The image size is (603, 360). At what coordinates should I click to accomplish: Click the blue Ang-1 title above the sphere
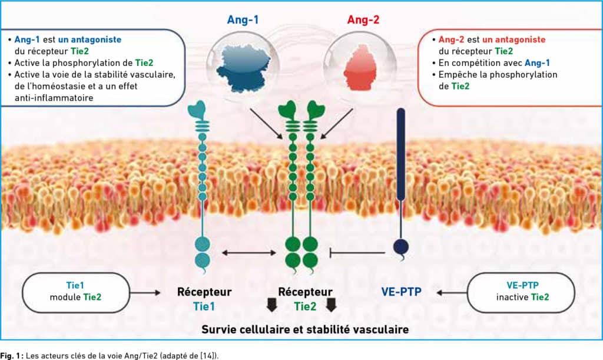point(243,19)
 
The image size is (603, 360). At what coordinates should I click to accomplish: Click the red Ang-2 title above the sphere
point(363,19)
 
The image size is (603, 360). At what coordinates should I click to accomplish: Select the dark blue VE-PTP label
point(401,292)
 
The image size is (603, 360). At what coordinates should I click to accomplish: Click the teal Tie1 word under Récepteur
point(204,306)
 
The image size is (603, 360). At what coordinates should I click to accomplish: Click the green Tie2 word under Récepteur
point(305,306)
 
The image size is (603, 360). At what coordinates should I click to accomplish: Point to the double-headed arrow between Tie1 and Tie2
point(249,253)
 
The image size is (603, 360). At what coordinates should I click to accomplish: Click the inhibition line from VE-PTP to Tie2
point(357,253)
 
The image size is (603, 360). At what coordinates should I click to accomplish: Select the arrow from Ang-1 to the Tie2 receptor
point(266,124)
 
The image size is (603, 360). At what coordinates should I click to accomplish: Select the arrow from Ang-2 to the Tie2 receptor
point(336,124)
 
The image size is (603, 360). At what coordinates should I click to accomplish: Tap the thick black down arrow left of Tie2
point(272,305)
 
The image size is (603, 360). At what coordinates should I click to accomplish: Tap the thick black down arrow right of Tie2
point(331,305)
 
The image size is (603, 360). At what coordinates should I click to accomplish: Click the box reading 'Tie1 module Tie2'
point(76,293)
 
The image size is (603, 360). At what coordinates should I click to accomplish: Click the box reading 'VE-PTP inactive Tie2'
point(521,293)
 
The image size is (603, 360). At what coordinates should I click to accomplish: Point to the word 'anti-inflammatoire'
point(54,98)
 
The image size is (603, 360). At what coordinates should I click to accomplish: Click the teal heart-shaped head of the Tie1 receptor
point(198,110)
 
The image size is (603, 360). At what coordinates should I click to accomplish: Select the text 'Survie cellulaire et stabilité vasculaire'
point(305,329)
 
